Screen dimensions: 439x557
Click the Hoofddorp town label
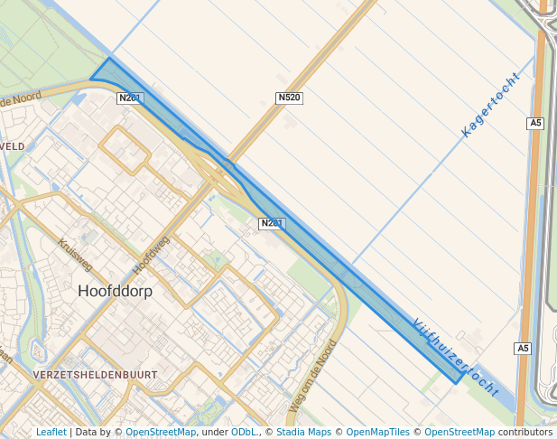click(115, 292)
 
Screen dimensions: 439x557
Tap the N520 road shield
click(288, 98)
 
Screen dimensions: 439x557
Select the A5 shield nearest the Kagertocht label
click(535, 123)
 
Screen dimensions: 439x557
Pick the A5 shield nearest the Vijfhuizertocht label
click(524, 349)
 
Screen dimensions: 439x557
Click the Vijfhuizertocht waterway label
click(455, 357)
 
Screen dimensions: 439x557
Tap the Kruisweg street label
click(75, 255)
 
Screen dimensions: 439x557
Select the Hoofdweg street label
click(151, 256)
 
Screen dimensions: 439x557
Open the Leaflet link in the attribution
click(51, 433)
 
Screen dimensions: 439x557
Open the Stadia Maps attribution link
click(302, 433)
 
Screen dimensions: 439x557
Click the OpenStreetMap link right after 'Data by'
click(161, 433)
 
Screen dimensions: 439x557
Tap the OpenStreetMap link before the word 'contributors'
click(459, 433)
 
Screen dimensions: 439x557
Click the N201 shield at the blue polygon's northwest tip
click(130, 98)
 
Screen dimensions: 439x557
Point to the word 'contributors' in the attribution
click(525, 433)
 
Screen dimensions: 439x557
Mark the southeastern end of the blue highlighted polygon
click(460, 377)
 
